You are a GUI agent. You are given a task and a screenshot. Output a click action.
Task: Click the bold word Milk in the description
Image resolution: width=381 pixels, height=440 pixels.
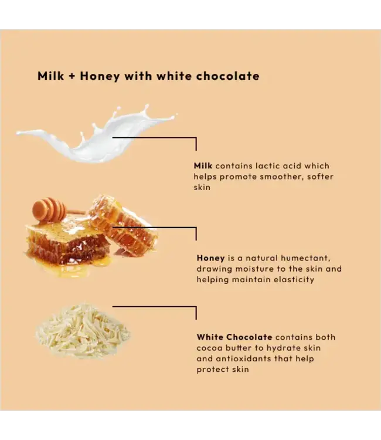point(203,166)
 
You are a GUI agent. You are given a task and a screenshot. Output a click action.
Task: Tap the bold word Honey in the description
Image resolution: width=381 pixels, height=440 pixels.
point(210,258)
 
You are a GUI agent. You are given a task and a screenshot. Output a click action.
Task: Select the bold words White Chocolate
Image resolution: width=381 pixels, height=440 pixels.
point(234,337)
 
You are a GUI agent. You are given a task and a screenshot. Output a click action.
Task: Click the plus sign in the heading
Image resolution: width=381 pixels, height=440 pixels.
point(72,76)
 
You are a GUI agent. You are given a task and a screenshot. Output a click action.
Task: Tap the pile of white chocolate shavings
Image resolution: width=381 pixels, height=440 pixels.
point(82,331)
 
